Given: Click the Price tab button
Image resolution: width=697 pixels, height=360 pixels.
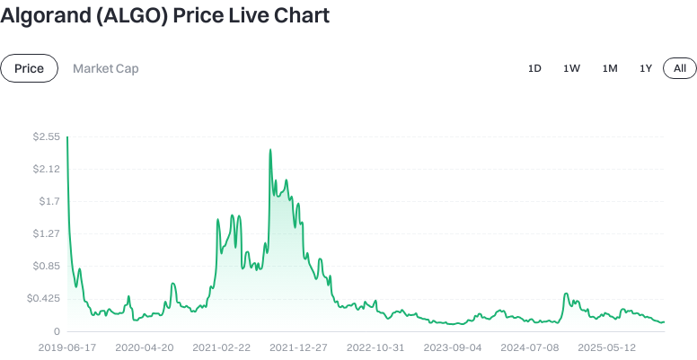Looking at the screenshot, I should [29, 68].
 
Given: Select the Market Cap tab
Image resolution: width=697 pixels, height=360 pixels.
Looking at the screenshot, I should [106, 68].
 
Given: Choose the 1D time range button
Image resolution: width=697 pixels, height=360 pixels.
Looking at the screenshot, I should [534, 68].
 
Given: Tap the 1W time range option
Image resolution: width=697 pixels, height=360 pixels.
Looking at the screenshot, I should [571, 68].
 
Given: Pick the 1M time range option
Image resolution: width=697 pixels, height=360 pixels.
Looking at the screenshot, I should [610, 68].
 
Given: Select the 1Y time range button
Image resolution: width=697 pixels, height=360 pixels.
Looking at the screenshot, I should [646, 68].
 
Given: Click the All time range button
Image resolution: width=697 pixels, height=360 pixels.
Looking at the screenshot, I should [680, 68].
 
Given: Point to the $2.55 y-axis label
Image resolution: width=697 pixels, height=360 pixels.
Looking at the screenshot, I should [46, 136].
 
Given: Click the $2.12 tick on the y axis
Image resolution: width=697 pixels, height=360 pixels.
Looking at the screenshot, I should [46, 169].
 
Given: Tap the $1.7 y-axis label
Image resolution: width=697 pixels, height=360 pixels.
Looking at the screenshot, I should [49, 201].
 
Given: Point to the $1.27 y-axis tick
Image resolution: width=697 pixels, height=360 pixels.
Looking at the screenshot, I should [46, 233].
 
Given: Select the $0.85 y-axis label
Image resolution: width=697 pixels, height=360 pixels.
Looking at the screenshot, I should [46, 266].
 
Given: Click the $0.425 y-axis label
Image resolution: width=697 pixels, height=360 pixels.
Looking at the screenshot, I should [43, 298].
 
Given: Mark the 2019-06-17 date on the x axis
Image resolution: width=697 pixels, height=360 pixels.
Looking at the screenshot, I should [68, 347].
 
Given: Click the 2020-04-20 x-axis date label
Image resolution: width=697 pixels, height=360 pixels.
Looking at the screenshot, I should [145, 347].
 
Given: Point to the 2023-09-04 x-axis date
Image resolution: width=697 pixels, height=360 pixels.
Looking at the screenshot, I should [453, 347].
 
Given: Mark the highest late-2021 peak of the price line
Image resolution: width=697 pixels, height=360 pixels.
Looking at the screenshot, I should [270, 150].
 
